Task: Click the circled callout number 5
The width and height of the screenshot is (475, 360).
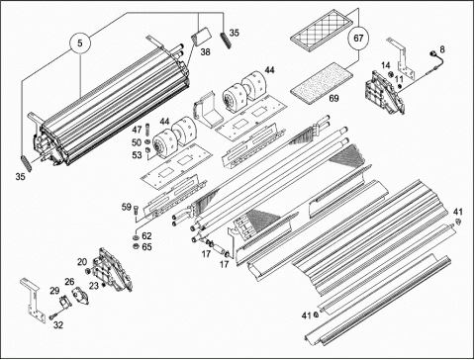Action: tap(80, 43)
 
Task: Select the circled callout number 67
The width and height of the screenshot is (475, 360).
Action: tap(358, 39)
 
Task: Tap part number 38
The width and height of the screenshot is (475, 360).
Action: tap(205, 52)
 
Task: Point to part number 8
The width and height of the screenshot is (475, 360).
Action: tap(442, 49)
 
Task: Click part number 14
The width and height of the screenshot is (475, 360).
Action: tap(386, 65)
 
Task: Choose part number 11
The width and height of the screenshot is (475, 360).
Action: tap(399, 79)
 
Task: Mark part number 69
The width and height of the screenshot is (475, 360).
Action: tap(333, 98)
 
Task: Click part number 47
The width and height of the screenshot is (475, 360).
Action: tap(137, 130)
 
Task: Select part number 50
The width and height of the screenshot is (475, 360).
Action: tap(137, 142)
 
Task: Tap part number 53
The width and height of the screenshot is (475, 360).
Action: tap(137, 155)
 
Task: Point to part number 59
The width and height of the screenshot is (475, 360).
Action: tap(127, 207)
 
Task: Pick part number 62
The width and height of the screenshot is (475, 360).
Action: tap(146, 236)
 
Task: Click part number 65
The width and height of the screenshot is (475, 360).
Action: tap(146, 247)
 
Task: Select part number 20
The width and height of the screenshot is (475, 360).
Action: tap(82, 262)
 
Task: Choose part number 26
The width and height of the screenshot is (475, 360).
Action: tap(69, 282)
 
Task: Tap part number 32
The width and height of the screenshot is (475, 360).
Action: tap(58, 325)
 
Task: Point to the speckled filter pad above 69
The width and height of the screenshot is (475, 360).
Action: tap(322, 83)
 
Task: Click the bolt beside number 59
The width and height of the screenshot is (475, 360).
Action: tap(137, 212)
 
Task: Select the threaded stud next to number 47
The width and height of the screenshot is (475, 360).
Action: tap(146, 130)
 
